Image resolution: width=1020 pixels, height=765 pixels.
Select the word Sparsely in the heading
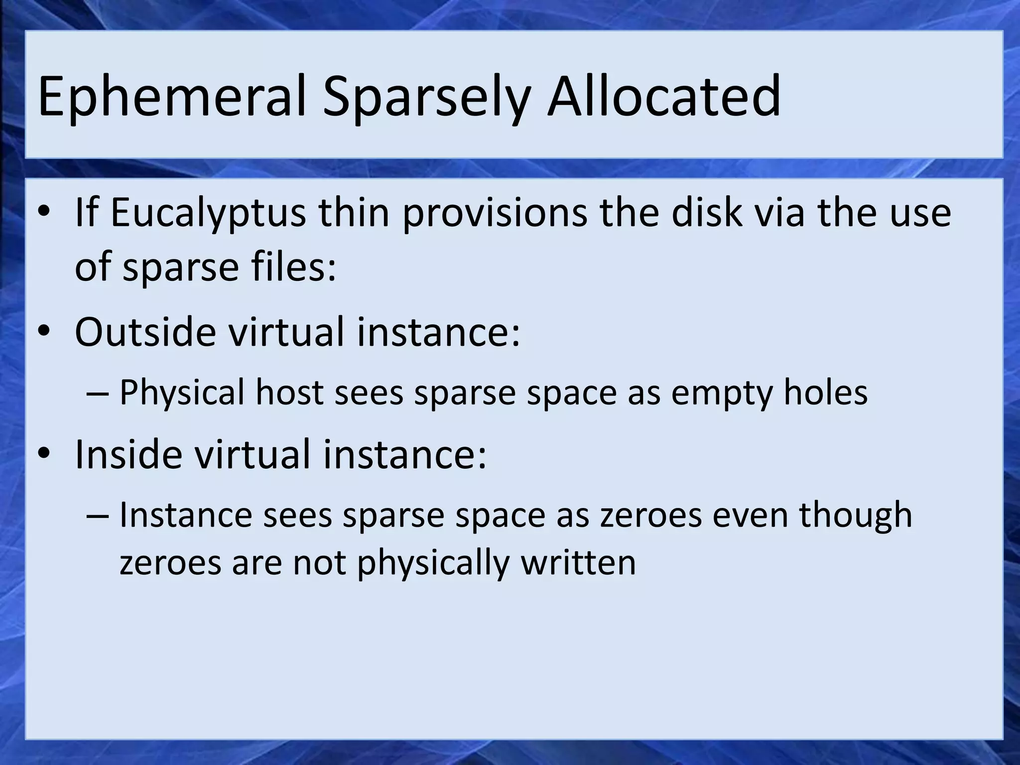[x=426, y=98]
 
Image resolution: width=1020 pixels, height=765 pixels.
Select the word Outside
[x=145, y=332]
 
